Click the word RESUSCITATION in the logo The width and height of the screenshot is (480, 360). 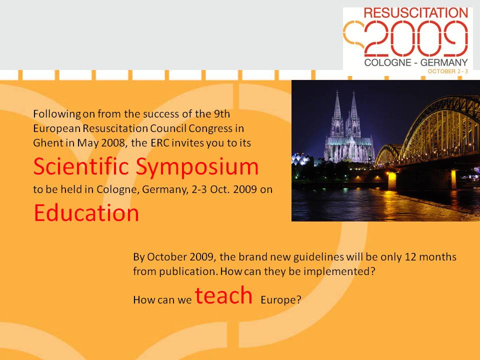(x=415, y=13)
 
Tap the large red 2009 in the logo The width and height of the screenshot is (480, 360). (x=415, y=38)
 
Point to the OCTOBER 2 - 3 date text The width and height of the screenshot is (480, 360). (x=448, y=71)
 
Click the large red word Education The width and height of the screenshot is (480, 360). (x=86, y=213)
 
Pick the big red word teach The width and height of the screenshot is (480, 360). (x=223, y=295)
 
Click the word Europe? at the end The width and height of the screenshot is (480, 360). (x=281, y=299)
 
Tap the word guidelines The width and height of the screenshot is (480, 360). (x=318, y=257)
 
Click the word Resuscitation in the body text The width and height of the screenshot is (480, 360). (x=115, y=128)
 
